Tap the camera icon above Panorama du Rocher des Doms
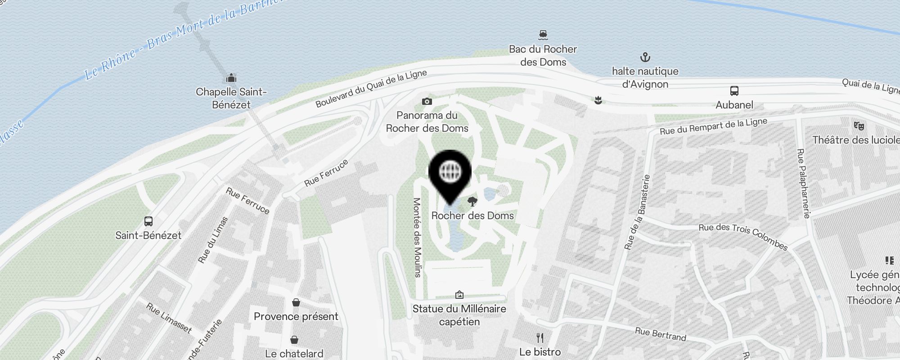coord(427,102)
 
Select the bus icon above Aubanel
coord(734,91)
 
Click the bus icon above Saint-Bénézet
coord(148,221)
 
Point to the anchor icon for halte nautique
coord(645,58)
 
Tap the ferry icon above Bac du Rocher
coord(543,35)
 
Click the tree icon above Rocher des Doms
coord(472,201)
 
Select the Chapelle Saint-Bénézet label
coord(231,98)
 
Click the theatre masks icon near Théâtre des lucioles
coord(859,126)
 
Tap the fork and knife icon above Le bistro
coord(540,338)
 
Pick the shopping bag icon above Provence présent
coord(296,302)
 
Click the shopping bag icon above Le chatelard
coord(294,340)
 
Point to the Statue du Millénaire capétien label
coord(459,315)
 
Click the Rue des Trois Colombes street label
coord(743,236)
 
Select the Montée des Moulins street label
coord(417,237)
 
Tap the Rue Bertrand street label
coord(660,334)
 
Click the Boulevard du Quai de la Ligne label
coord(371,89)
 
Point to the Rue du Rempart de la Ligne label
coord(713,126)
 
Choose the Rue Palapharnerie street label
coord(803,184)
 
